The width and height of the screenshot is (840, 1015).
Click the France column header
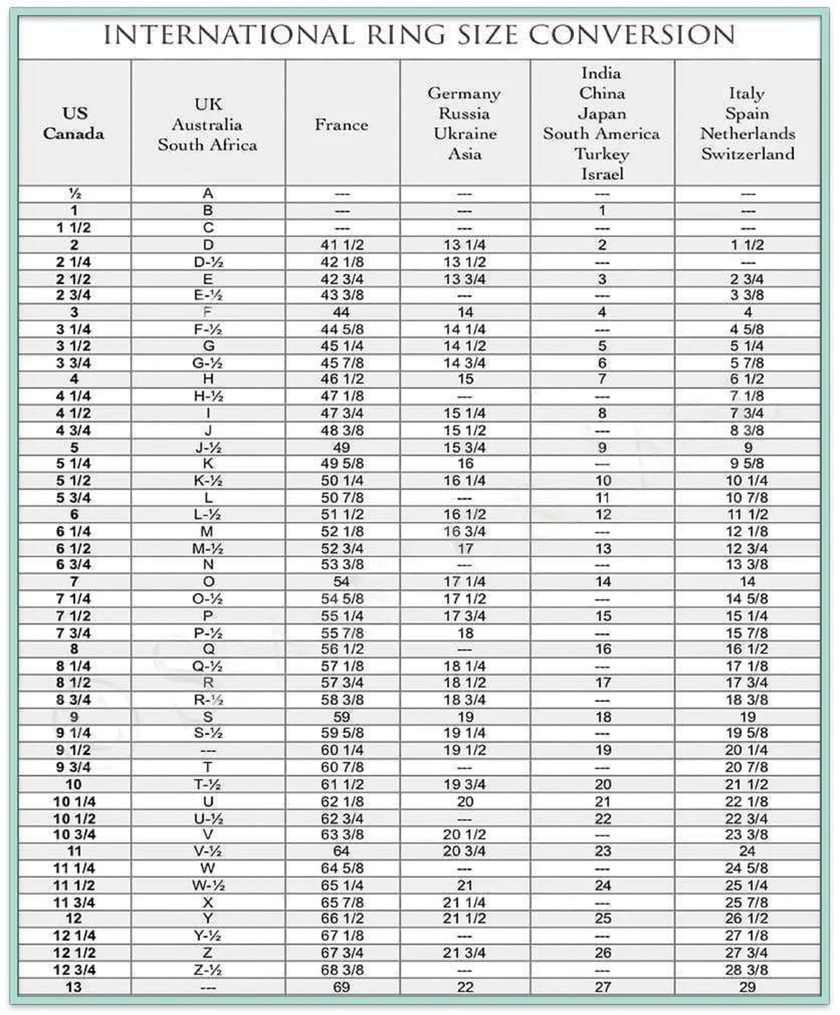[x=341, y=125]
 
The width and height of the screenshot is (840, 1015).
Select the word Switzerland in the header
[x=748, y=154]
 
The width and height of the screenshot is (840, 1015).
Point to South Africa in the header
[x=207, y=144]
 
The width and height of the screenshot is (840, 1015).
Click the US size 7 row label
[x=74, y=582]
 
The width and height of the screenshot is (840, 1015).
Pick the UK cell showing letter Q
[x=208, y=649]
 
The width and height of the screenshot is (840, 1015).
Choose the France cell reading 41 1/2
[x=342, y=245]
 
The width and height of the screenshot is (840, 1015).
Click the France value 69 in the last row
[x=341, y=987]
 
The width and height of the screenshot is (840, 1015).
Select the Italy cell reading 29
[x=747, y=987]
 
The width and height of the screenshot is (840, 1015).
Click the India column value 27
[x=603, y=987]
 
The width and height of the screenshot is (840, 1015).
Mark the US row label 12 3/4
[x=74, y=970]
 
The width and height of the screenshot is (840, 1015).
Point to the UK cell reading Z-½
[x=207, y=970]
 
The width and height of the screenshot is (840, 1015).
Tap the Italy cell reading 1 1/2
[x=747, y=245]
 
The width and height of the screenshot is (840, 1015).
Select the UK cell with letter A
[x=208, y=194]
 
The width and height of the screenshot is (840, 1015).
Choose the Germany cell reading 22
[x=465, y=987]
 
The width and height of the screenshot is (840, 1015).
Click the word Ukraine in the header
[x=465, y=134]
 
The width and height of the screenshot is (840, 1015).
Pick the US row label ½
[x=74, y=194]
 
